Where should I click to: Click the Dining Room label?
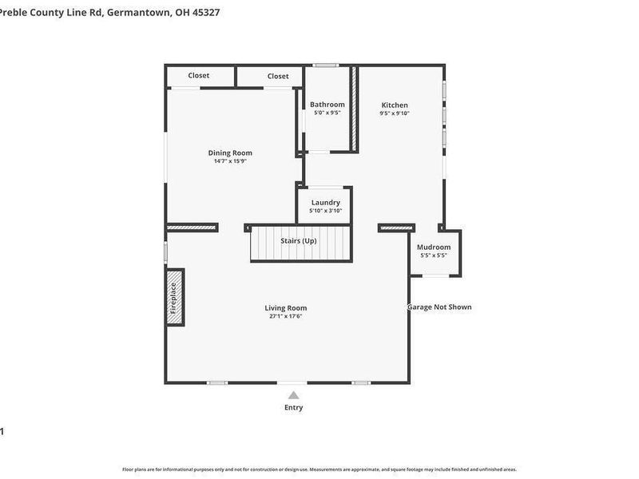click(230, 152)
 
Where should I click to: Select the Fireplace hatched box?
click(174, 297)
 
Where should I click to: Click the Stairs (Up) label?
click(298, 240)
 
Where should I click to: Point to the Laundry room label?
click(325, 203)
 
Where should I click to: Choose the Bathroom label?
click(327, 105)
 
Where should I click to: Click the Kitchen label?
click(395, 105)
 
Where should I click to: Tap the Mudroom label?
click(434, 247)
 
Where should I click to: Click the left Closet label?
click(199, 76)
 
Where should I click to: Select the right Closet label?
click(278, 76)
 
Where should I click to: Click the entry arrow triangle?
click(293, 394)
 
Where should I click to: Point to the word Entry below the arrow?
click(293, 408)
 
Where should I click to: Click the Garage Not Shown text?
click(439, 307)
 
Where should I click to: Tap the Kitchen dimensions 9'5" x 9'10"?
click(395, 113)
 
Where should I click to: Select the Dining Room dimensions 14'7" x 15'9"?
click(230, 161)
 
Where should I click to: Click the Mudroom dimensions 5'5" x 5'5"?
click(434, 255)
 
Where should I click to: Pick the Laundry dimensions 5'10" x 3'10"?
click(325, 211)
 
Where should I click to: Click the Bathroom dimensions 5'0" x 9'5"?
click(327, 113)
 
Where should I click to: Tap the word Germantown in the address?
click(137, 12)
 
